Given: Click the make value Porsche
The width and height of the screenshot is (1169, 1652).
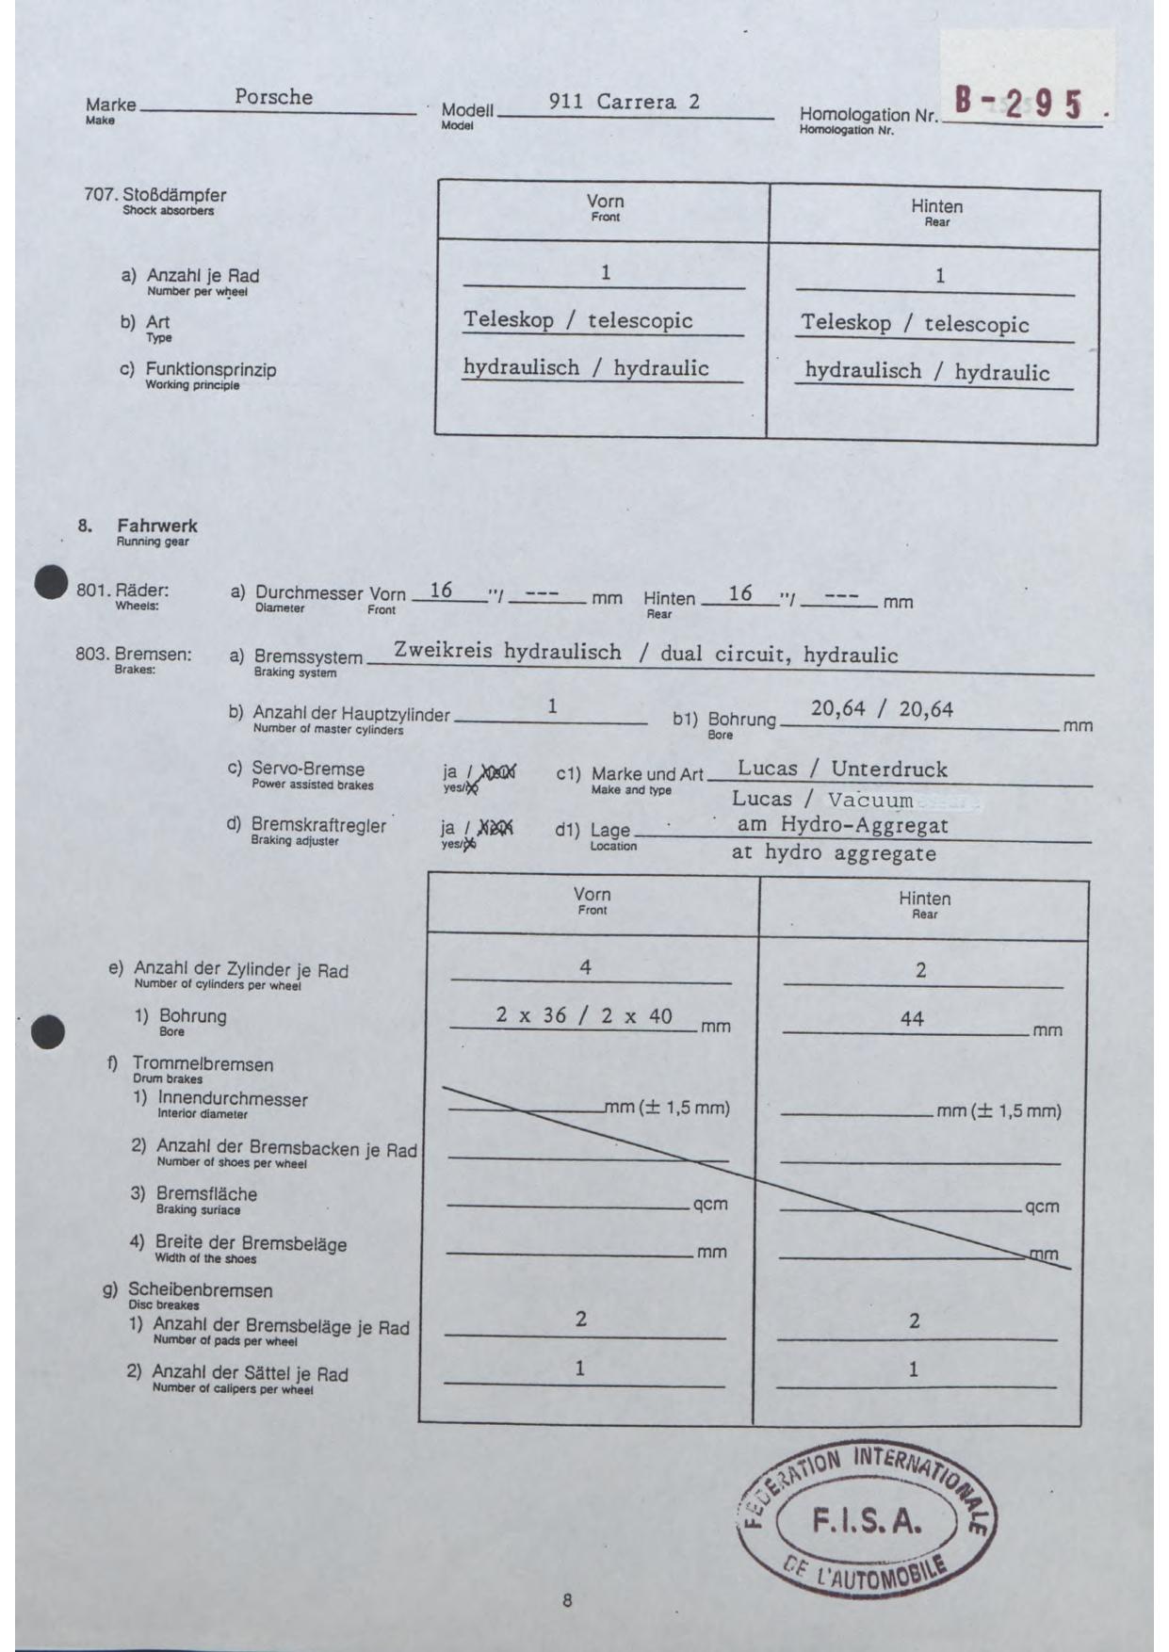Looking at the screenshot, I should pos(273,97).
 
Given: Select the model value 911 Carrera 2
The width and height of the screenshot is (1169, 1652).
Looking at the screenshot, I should pos(625,102).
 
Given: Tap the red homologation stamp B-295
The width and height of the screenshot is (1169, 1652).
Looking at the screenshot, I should pos(1018,103).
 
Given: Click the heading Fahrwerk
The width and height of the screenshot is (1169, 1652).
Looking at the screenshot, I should pos(157,526).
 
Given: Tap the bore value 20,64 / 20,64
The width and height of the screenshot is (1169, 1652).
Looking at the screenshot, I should pos(882,709).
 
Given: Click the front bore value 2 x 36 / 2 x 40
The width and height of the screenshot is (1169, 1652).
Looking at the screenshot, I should pos(584,1016).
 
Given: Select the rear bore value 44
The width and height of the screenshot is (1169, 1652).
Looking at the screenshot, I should pos(912,1018).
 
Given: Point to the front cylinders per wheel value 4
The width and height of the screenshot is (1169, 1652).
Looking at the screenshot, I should pos(585,967).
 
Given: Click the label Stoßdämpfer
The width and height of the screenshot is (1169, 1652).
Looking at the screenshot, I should pos(174,196).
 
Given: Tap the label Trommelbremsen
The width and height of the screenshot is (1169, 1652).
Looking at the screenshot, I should pos(203,1065).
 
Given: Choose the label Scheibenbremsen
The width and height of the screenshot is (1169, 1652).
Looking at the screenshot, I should pos(200,1290).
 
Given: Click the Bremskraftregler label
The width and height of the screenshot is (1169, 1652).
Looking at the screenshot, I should pos(318,826).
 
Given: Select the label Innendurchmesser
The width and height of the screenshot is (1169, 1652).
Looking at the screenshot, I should pos(232,1099).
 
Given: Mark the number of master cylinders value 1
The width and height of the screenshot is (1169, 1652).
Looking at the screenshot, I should pos(553,706).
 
